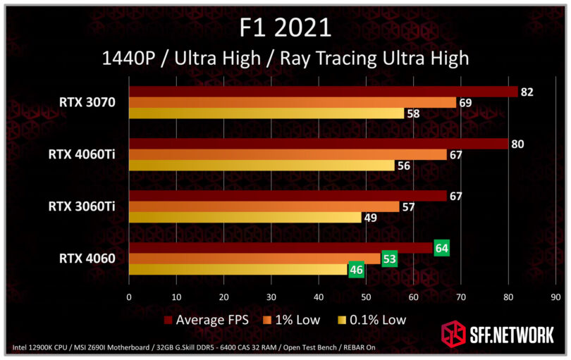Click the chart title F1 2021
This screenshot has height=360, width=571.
click(285, 27)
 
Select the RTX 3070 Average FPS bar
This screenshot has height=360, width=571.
click(323, 92)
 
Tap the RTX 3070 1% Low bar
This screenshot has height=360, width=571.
click(293, 102)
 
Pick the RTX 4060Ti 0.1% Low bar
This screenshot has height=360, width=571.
click(262, 166)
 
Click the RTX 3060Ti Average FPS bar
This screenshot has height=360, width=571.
click(288, 196)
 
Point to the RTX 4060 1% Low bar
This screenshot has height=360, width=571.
click(254, 259)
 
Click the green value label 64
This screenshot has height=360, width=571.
click(442, 248)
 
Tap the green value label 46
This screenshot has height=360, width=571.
click(357, 269)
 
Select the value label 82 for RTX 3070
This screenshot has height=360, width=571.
click(528, 92)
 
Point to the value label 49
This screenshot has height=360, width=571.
click(370, 218)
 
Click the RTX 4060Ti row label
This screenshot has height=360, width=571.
click(82, 154)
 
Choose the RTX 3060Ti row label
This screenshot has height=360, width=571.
click(82, 206)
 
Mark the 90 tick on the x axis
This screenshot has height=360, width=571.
click(556, 297)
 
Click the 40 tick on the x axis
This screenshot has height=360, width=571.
click(319, 297)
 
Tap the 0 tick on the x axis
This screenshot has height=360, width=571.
click(129, 297)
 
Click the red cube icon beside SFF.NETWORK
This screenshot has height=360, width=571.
click(453, 333)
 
